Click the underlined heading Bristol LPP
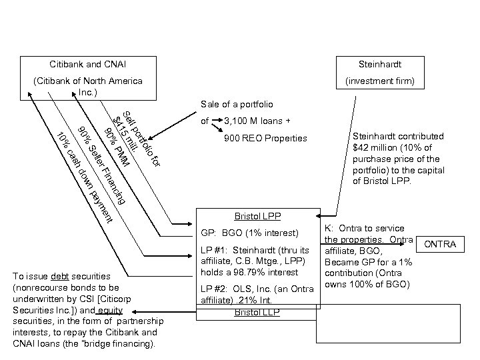coord(257,217)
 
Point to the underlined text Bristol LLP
coord(257,313)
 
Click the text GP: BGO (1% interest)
coord(249,234)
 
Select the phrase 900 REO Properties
coord(267,139)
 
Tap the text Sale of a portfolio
coord(237,105)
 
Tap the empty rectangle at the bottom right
coord(397,321)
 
